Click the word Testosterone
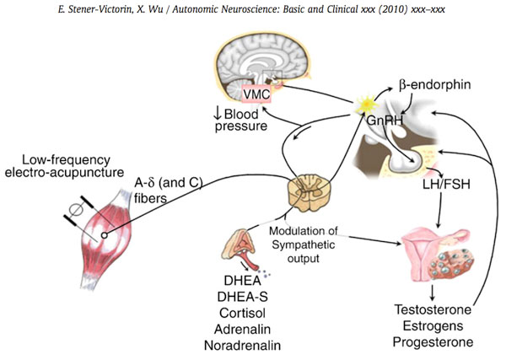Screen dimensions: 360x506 click(431, 309)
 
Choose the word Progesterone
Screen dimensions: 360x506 click(432, 342)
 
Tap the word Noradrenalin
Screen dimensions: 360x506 click(243, 345)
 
